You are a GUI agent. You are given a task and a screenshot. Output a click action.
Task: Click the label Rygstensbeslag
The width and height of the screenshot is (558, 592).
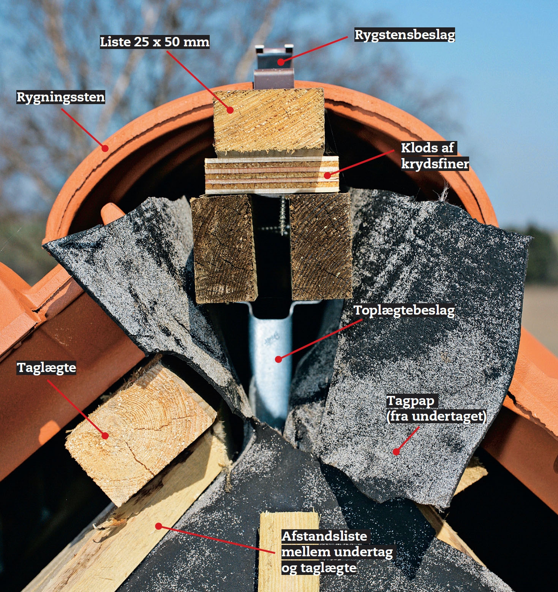pos(405,35)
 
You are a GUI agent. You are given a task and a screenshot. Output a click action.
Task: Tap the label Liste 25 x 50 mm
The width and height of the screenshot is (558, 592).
pos(155,42)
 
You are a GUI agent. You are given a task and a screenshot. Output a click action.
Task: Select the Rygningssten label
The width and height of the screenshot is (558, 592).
pos(61,97)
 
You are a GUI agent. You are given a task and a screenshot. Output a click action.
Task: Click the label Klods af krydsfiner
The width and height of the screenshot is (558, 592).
pos(435,155)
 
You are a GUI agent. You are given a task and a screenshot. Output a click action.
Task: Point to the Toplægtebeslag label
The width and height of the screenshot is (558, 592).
pos(404,310)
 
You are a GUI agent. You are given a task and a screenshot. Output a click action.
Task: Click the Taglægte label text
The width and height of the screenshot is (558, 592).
pos(46,368)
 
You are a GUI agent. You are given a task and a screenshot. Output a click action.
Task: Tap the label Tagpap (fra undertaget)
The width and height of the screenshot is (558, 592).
pos(436,408)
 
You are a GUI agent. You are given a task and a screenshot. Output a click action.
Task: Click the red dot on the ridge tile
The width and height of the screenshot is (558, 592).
pos(105,148)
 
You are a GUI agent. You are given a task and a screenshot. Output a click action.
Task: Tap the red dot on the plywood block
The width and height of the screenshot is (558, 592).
pos(327,176)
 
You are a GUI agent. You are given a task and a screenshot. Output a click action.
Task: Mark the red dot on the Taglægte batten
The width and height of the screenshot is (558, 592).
pos(105,435)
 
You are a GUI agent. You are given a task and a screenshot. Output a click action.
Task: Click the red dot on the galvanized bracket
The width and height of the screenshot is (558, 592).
pos(278,359)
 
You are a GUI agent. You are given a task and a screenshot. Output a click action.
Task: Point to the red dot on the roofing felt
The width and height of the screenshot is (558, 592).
pos(396,451)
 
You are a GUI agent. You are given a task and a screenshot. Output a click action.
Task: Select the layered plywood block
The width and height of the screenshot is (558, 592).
pos(272,176)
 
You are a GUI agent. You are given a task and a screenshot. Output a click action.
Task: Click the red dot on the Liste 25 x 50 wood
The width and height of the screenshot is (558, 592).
pos(230,110)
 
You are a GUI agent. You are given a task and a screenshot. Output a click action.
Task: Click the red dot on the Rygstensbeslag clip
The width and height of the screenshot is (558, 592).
pos(280,62)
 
